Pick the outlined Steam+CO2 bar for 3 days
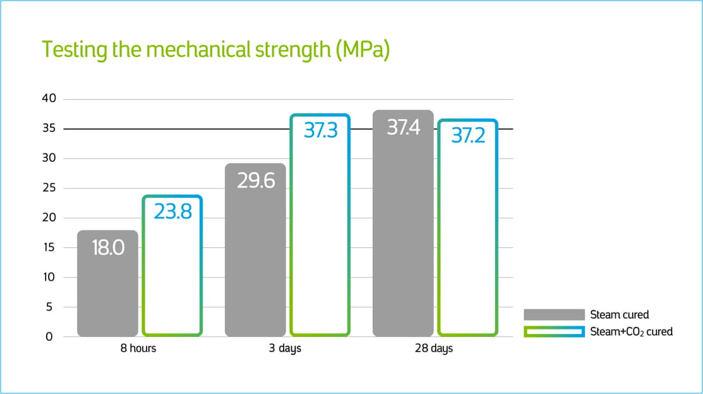[320, 240]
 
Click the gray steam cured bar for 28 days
[403, 240]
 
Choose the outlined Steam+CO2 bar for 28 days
[468, 240]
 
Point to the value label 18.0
[108, 247]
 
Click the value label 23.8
[172, 211]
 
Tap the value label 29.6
[256, 180]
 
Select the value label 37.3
[320, 130]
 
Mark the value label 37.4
[403, 128]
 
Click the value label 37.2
[468, 135]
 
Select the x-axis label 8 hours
[138, 348]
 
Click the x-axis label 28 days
[434, 348]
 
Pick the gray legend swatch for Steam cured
[554, 315]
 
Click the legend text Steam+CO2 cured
[631, 331]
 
